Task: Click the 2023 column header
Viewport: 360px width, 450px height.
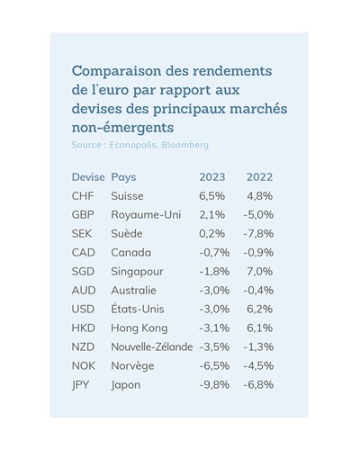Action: point(212,177)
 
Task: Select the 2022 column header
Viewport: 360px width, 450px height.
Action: point(259,177)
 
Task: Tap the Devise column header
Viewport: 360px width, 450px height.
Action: point(88,177)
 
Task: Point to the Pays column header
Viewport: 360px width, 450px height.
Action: point(123,177)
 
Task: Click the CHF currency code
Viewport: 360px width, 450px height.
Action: point(83,196)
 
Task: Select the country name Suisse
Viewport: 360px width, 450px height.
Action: point(127,196)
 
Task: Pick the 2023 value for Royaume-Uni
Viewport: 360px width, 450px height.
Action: point(212,215)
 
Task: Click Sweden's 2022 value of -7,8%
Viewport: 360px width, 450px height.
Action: point(258,234)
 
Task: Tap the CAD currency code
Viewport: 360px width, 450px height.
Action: point(84,253)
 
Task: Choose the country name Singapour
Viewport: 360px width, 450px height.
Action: point(137,272)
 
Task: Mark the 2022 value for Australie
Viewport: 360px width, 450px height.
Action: point(258,291)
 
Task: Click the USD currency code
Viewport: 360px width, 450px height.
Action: point(83,309)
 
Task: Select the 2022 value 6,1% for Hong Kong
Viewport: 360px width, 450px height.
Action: point(260,328)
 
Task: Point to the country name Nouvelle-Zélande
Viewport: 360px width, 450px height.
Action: point(152,346)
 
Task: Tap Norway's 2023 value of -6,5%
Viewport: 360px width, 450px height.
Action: point(214,365)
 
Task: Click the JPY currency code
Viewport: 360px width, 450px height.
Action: point(80,384)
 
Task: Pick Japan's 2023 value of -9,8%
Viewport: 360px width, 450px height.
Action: point(214,384)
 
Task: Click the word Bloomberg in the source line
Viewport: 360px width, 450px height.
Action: point(185,145)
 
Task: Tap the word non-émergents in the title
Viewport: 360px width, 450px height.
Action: point(122,128)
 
